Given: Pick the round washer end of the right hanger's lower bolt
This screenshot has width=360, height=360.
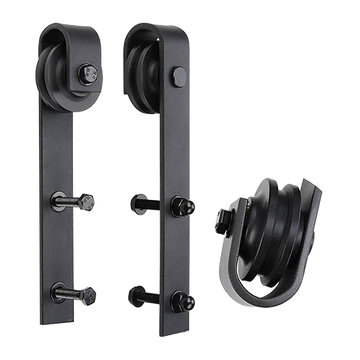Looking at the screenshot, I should pyautogui.click(x=136, y=294).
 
